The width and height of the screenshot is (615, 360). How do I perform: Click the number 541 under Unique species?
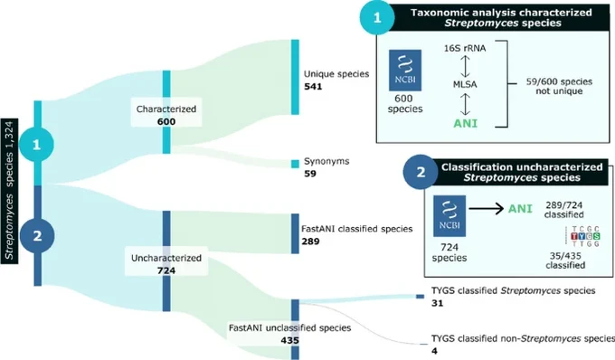313,86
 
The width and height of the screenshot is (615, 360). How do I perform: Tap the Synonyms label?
326,161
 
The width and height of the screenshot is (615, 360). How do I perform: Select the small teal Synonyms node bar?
295,164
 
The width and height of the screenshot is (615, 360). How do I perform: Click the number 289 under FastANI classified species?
310,242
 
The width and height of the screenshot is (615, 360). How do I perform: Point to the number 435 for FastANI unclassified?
289,340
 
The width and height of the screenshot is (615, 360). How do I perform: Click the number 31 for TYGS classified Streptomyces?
438,303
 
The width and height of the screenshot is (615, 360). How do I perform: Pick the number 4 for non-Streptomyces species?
435,351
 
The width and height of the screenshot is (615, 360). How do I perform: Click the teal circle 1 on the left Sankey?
36,145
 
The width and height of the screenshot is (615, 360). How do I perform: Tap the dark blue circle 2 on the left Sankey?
37,236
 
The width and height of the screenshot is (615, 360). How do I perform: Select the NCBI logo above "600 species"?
405,71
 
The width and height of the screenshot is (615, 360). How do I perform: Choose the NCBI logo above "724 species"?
449,216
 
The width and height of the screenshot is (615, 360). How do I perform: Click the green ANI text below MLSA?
466,124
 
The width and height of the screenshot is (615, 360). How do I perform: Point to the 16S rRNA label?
465,48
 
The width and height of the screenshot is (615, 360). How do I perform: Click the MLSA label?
465,84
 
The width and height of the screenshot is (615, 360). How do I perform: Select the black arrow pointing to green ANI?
487,208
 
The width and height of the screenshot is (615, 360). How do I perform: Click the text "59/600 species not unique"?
559,86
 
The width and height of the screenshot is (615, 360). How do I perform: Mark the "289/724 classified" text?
564,210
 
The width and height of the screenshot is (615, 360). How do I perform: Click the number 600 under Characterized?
166,121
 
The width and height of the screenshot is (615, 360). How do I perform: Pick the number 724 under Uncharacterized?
166,270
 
